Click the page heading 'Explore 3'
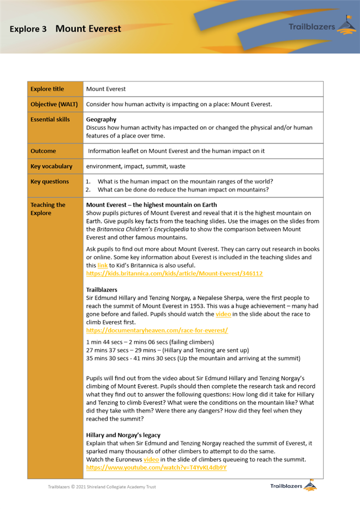tap(28, 29)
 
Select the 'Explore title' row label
tap(47, 89)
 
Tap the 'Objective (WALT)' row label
tap(53, 104)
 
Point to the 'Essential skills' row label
tap(50, 120)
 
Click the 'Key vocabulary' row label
tap(51, 166)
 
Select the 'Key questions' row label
tap(49, 182)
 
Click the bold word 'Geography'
tap(101, 120)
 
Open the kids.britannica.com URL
tap(174, 274)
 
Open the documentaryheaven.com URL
tap(157, 330)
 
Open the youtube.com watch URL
tap(156, 467)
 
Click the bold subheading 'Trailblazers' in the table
tap(102, 289)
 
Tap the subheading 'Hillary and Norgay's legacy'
tap(123, 435)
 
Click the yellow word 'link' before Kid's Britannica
tap(102, 266)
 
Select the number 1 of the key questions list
tap(87, 182)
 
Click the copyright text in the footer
tap(102, 487)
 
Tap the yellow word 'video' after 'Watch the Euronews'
tap(151, 460)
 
